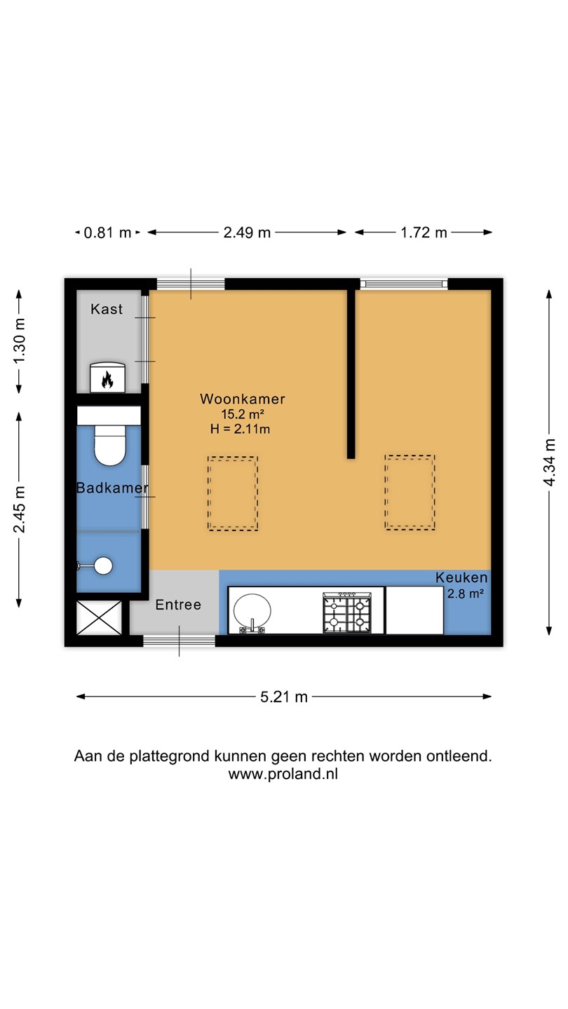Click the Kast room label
point(107,309)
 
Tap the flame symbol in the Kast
point(107,379)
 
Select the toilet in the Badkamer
point(109,445)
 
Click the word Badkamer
point(112,488)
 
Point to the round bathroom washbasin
point(103,565)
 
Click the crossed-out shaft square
point(99,617)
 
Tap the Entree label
point(178,605)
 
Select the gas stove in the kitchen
point(347,612)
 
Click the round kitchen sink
point(252,612)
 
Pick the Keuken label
point(461,577)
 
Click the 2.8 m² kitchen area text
point(466,593)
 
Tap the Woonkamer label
point(243,399)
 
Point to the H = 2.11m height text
point(241,429)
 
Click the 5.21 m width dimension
point(284,696)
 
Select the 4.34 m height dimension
point(549,462)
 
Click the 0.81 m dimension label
point(108,233)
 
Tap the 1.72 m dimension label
point(424,233)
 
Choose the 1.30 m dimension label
point(19,341)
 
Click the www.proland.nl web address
point(283,774)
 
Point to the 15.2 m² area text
point(243,414)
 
